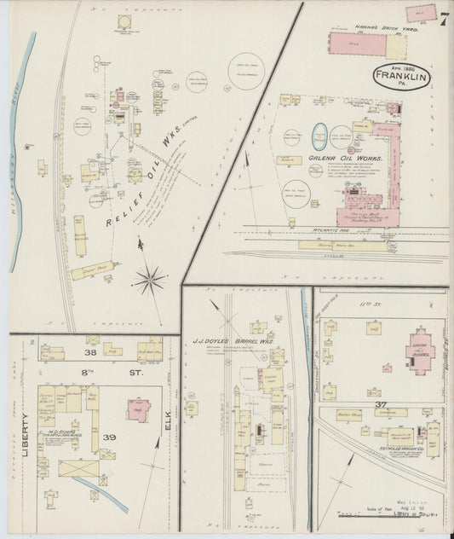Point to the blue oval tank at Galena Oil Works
(x=320, y=136)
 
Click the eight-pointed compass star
(x=149, y=278)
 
